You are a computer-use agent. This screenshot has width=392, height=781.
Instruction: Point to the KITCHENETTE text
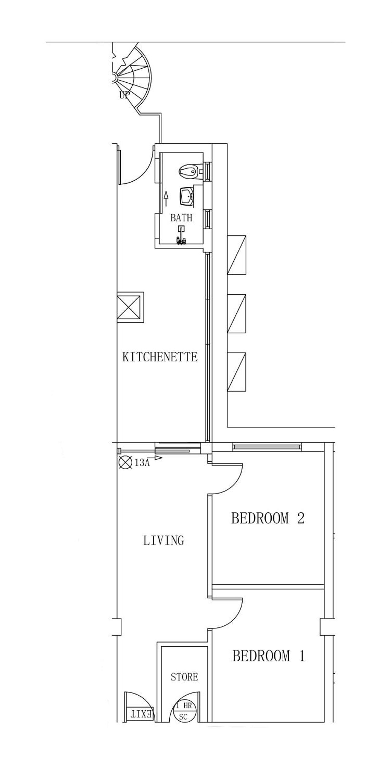pyautogui.click(x=160, y=357)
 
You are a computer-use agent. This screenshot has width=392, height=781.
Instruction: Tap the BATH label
pyautogui.click(x=181, y=218)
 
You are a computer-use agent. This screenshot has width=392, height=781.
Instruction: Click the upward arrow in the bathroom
pyautogui.click(x=166, y=198)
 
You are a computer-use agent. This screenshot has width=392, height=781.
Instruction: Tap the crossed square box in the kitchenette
pyautogui.click(x=130, y=307)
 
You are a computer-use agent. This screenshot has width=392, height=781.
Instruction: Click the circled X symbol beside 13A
pyautogui.click(x=125, y=462)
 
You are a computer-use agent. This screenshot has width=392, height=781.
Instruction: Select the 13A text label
pyautogui.click(x=142, y=463)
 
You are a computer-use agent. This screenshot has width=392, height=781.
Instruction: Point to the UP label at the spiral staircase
pyautogui.click(x=124, y=95)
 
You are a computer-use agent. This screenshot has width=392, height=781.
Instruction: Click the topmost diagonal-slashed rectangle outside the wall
pyautogui.click(x=236, y=255)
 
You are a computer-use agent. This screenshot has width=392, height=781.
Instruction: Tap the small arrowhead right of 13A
pyautogui.click(x=158, y=458)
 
